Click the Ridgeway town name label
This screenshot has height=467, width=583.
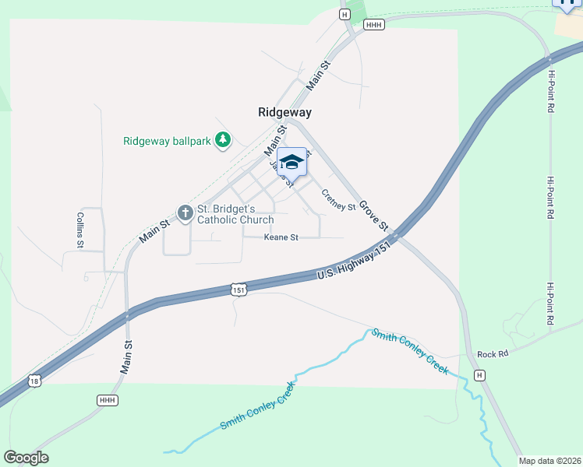[284, 112]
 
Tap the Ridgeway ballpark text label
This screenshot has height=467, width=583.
[168, 141]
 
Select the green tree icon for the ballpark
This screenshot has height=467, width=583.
[224, 140]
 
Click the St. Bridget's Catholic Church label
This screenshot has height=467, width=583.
[235, 214]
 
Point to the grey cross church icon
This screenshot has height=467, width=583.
[185, 212]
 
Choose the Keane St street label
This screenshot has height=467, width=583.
[281, 237]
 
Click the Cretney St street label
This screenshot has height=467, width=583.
[338, 202]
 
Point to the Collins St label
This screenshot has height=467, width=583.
[80, 230]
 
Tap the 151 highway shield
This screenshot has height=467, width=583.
[239, 289]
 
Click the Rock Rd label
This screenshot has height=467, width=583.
[493, 353]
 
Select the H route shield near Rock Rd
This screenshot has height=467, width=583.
[480, 375]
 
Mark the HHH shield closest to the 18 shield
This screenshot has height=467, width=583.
[107, 400]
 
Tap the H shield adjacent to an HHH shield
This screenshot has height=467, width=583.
[344, 14]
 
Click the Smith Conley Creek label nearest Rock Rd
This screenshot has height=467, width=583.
[409, 350]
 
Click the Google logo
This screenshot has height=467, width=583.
[26, 457]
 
